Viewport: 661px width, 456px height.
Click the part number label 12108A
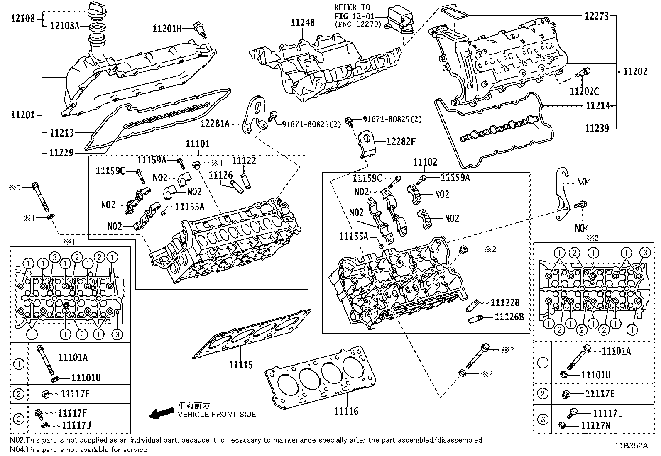[64, 26]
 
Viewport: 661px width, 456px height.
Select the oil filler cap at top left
[97, 9]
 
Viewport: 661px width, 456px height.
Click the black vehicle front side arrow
[162, 413]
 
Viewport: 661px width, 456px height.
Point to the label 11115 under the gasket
[240, 365]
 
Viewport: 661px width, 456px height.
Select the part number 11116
[346, 411]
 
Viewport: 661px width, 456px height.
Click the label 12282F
[401, 141]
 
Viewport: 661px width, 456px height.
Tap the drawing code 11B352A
[631, 446]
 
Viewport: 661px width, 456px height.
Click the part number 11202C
[584, 91]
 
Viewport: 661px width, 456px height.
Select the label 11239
[597, 128]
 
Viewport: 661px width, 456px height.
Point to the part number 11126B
[509, 317]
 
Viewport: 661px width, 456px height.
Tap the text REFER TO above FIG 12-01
[352, 7]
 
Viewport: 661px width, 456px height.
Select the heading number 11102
[425, 162]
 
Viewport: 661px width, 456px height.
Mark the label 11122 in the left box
[244, 161]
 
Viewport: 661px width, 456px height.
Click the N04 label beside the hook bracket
[584, 182]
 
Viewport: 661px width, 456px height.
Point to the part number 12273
[596, 16]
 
